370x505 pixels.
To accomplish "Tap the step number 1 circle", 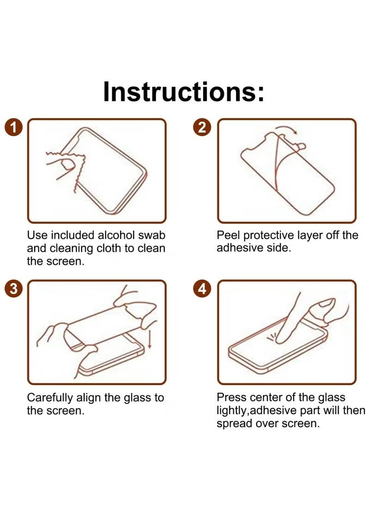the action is point(13,128).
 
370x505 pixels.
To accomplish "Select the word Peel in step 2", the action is point(228,235).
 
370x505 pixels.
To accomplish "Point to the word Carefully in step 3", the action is point(50,398).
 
